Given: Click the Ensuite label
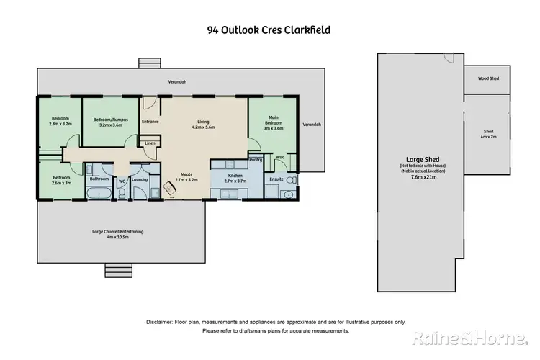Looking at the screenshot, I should click(x=276, y=178).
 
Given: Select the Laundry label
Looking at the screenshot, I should click(x=140, y=179).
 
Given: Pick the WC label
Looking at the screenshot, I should click(x=122, y=181).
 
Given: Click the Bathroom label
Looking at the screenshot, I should click(x=99, y=179).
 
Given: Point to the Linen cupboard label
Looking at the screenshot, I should click(x=150, y=143).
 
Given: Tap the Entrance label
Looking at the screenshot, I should click(x=150, y=122).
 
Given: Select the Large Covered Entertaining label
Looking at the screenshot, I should click(x=118, y=231).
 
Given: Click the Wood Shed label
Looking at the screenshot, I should click(x=490, y=77).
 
